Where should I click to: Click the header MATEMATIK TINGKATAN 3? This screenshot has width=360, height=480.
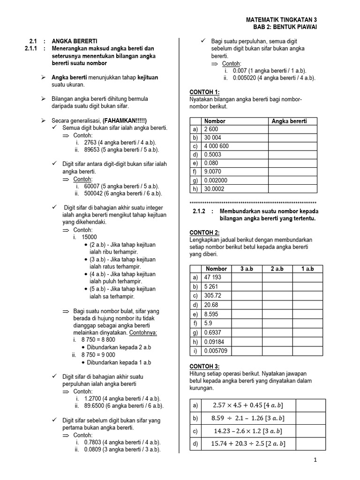pyautogui.click(x=281, y=20)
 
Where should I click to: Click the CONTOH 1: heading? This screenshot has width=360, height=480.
pyautogui.click(x=204, y=92)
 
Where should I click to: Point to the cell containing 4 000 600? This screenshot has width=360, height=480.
pyautogui.click(x=217, y=146)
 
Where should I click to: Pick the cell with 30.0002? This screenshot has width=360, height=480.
pyautogui.click(x=214, y=189)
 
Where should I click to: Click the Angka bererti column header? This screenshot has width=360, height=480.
pyautogui.click(x=289, y=121)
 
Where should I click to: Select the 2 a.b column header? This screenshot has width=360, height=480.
pyautogui.click(x=277, y=269)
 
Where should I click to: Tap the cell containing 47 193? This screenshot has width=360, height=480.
pyautogui.click(x=213, y=277)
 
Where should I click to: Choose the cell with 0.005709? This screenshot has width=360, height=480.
pyautogui.click(x=216, y=351)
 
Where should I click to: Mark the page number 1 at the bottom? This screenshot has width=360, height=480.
pyautogui.click(x=315, y=461)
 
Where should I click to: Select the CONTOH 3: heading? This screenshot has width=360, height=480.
pyautogui.click(x=204, y=366)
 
